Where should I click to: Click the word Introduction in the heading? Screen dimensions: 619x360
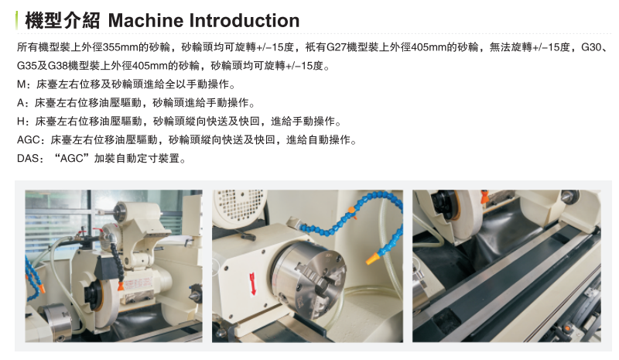(x=244, y=21)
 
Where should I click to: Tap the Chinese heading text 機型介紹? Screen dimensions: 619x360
(x=63, y=21)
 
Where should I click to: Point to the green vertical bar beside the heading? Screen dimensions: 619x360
(x=16, y=21)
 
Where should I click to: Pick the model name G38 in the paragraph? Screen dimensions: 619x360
(x=57, y=66)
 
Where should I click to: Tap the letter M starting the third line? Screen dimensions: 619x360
(x=21, y=84)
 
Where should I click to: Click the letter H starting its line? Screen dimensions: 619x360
(x=21, y=122)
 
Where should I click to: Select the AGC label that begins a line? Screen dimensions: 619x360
(x=28, y=140)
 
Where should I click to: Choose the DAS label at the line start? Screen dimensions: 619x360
(x=28, y=159)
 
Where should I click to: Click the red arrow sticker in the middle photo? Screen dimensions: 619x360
(x=253, y=283)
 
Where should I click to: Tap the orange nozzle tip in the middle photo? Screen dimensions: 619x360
(x=371, y=259)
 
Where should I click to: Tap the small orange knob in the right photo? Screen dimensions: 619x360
(x=568, y=327)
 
